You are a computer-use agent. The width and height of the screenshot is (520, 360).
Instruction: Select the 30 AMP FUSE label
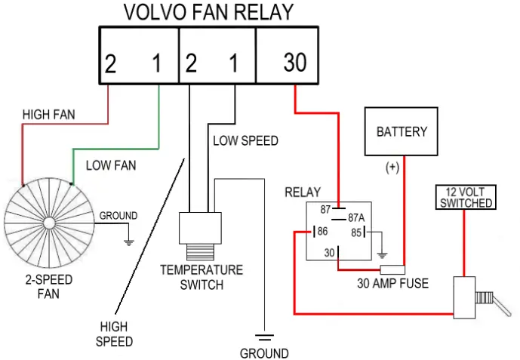[x=392, y=284]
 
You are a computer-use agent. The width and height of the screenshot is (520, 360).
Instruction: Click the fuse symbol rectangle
[x=392, y=270]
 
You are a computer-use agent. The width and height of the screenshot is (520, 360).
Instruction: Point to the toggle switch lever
[x=501, y=306]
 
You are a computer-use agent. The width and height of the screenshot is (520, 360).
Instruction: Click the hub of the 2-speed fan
[x=49, y=223]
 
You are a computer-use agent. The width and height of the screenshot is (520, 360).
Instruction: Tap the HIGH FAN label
[x=49, y=115]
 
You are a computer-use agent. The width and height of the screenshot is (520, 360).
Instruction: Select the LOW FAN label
[x=111, y=165]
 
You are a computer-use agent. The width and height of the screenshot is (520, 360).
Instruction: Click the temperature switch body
[x=200, y=228]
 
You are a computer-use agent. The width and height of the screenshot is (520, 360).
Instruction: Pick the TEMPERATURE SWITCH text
[x=202, y=278]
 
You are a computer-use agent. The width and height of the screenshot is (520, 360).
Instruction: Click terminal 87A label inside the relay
[x=356, y=218]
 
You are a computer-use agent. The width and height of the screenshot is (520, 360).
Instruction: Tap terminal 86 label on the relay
[x=322, y=231]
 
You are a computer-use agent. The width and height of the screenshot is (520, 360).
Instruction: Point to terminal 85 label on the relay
[x=356, y=232]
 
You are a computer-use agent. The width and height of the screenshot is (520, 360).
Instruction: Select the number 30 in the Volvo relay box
[x=295, y=63]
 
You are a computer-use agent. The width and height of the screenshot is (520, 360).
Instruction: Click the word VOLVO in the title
[x=155, y=12]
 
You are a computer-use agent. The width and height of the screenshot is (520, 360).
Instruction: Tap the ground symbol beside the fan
[x=128, y=242]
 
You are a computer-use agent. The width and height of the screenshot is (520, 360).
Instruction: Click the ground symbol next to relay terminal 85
[x=383, y=256]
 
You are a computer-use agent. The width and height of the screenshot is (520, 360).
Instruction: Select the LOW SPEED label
[x=245, y=141]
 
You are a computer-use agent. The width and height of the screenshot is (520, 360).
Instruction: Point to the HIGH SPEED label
[x=114, y=334]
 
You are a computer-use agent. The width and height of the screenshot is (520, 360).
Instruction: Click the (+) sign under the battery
[x=392, y=167]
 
